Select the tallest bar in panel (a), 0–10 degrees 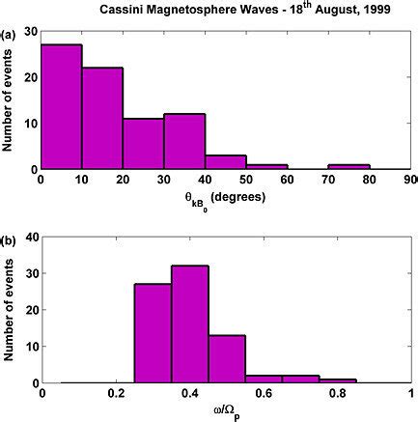(x=60, y=107)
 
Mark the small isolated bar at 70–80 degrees (x=348, y=167)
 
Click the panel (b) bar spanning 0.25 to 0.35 (x=153, y=333)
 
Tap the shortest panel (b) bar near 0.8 (x=337, y=380)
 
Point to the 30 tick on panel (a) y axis (x=29, y=32)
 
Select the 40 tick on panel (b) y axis (x=29, y=237)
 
